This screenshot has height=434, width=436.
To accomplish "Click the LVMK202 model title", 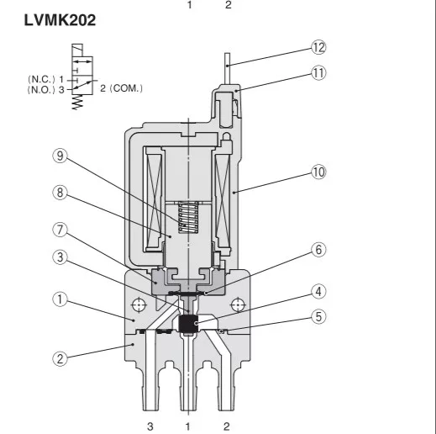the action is tap(60, 20).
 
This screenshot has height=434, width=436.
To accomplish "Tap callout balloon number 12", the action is tap(318, 48).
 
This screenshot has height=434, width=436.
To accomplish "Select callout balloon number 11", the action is tap(318, 73).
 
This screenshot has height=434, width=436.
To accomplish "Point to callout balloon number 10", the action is tap(318, 172).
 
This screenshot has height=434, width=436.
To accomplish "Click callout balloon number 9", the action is tap(60, 156).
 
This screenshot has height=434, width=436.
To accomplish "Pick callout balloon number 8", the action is tap(60, 193).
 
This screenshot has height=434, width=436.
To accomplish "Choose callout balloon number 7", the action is tap(60, 230).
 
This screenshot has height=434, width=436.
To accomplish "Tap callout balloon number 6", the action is tap(318, 250).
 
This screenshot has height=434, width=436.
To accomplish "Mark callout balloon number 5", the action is tap(318, 317).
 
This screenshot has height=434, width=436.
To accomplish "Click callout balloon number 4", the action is tap(318, 292).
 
